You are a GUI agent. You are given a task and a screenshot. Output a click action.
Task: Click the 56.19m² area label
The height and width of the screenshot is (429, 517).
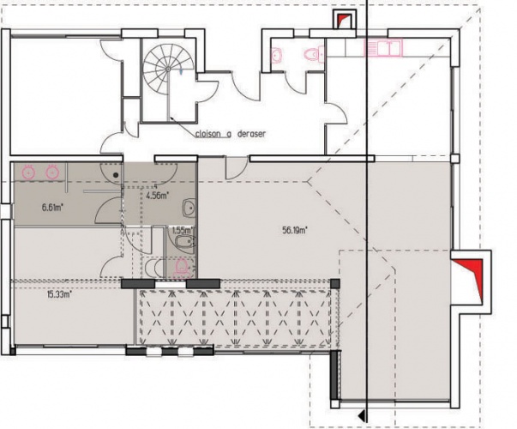tap(295, 230)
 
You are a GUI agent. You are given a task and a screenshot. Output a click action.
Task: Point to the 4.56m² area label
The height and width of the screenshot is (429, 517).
tap(157, 195)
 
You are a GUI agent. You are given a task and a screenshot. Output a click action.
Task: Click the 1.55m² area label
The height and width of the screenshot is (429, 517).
tap(180, 230)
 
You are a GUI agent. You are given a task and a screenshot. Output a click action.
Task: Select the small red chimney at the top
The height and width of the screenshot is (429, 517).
tap(345, 20)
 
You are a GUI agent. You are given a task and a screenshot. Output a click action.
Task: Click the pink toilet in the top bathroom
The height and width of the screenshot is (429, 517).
tap(314, 55)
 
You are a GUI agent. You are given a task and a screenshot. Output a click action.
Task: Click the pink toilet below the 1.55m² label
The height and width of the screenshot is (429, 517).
tap(180, 267)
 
